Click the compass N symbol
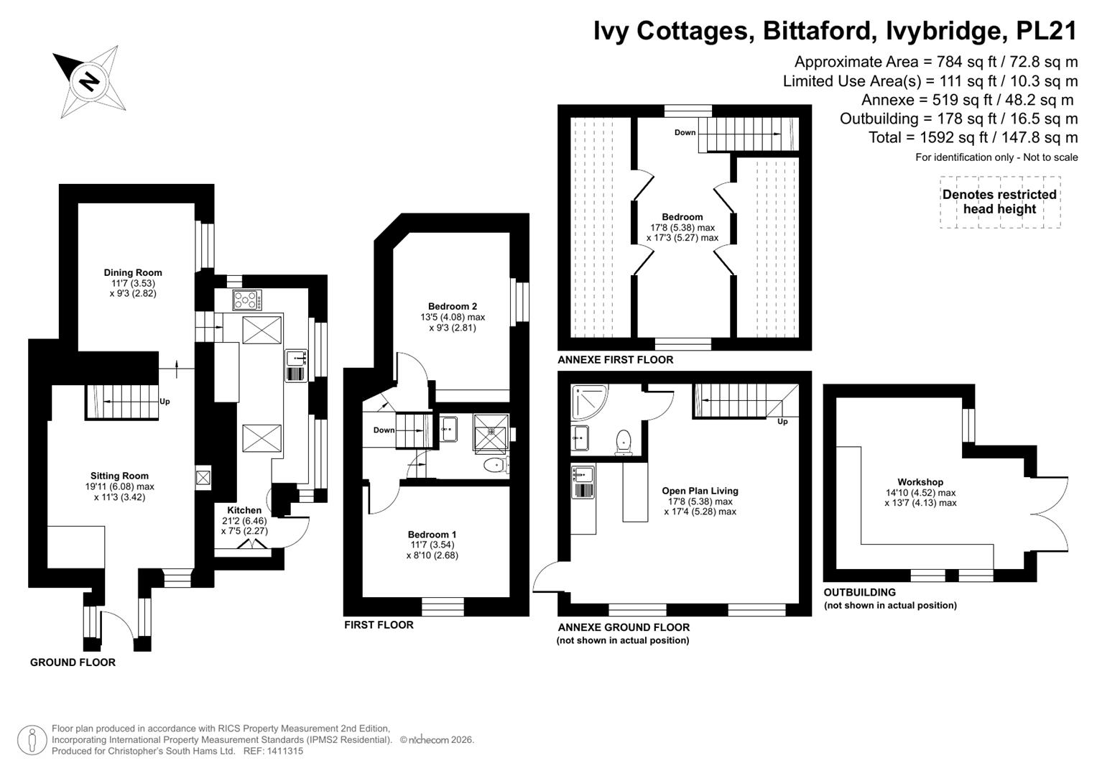pyautogui.click(x=88, y=82)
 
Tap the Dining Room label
pyautogui.click(x=133, y=273)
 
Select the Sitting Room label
pyautogui.click(x=119, y=476)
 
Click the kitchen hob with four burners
pyautogui.click(x=247, y=300)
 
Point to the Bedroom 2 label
pyautogui.click(x=453, y=307)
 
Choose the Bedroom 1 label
pyautogui.click(x=432, y=535)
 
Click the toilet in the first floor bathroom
pyautogui.click(x=496, y=464)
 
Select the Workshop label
pyautogui.click(x=920, y=482)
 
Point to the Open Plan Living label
pyautogui.click(x=700, y=491)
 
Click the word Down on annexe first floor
pyautogui.click(x=685, y=132)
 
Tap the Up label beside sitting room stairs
pyautogui.click(x=165, y=402)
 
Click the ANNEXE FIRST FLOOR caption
pyautogui.click(x=615, y=360)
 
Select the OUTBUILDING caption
pyautogui.click(x=859, y=592)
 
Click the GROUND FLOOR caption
pyautogui.click(x=73, y=662)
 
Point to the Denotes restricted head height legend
pyautogui.click(x=999, y=202)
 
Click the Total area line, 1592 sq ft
pyautogui.click(x=973, y=137)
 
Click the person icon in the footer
pyautogui.click(x=32, y=740)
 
